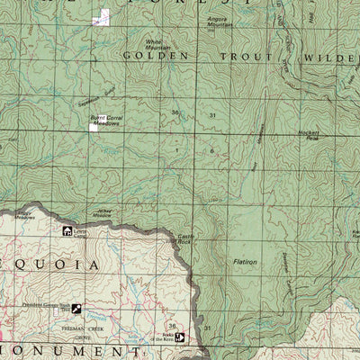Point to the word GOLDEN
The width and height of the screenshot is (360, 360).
tap(157, 56)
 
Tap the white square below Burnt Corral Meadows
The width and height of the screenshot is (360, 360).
tap(94, 129)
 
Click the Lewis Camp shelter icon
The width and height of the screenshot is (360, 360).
tap(67, 231)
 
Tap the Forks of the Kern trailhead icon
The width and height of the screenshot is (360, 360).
tap(179, 337)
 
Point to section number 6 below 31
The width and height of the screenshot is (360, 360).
tap(211, 150)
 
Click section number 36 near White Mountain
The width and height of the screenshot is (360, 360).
tap(175, 112)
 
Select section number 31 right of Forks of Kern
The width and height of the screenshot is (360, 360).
tap(207, 328)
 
